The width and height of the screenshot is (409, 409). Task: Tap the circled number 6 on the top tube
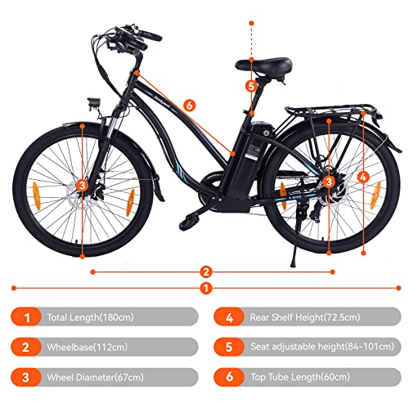pos(189,105)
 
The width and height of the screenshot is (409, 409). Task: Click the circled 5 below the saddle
pos(251,85)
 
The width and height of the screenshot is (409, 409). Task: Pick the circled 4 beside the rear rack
pos(363,176)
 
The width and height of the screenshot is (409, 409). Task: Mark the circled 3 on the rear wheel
pos(328,182)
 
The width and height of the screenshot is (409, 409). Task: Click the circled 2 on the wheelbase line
pos(207,272)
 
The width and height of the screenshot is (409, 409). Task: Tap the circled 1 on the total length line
pos(207,288)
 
